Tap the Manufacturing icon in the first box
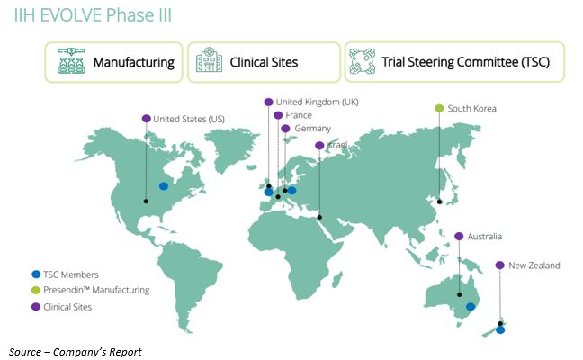click(69, 63)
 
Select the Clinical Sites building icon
click(208, 63)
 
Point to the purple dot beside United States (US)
click(147, 119)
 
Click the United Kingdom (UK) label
click(317, 102)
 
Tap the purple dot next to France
click(278, 115)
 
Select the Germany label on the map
click(313, 129)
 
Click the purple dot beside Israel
click(319, 145)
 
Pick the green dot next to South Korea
click(439, 109)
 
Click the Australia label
click(484, 236)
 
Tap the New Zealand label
click(534, 265)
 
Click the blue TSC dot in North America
click(164, 186)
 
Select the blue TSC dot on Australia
click(471, 307)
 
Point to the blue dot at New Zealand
click(500, 330)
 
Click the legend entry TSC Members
click(71, 274)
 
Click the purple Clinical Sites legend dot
click(36, 307)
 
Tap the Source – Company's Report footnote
click(76, 350)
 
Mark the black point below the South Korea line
click(439, 202)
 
